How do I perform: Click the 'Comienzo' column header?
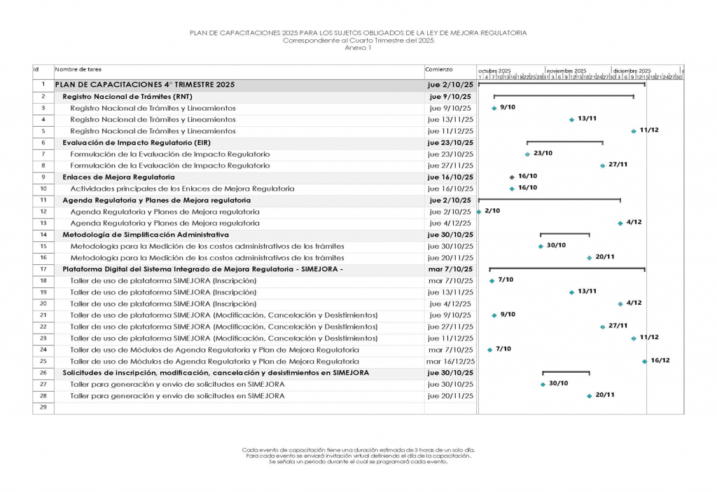439,70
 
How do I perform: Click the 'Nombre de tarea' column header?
78,70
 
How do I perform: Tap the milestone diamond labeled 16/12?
645,362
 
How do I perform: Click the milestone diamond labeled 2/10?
479,212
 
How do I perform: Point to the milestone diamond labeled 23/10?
527,154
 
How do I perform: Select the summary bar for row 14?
564,234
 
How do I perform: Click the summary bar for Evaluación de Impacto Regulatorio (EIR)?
564,142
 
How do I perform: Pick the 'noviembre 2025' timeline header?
566,71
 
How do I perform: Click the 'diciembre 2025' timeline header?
632,71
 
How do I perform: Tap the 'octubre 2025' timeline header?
494,71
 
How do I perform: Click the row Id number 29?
43,407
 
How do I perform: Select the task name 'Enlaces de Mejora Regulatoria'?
118,177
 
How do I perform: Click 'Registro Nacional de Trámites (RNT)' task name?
127,97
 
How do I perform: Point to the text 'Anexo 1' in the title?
358,48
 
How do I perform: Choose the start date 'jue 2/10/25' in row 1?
450,85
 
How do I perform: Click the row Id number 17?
43,269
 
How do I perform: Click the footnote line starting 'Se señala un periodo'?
358,462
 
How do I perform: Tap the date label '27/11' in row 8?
618,165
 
